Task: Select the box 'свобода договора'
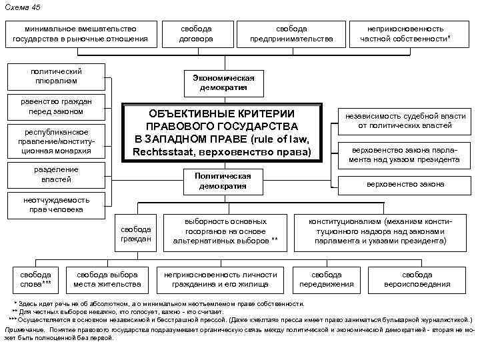coord(196,34)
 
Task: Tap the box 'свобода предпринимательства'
coord(291,34)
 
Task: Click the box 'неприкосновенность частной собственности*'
coord(410,34)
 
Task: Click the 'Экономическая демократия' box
coord(223,83)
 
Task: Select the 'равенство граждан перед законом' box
coord(55,107)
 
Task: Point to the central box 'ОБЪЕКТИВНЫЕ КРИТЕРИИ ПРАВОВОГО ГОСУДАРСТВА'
coord(221,132)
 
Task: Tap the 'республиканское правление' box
coord(56,140)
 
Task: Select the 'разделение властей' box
coord(55,175)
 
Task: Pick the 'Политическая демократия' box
coord(222,181)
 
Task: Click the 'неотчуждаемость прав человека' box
coord(53,204)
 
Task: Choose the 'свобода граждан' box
coord(136,233)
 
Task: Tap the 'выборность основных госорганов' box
coord(225,230)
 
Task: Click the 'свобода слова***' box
coord(36,279)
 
